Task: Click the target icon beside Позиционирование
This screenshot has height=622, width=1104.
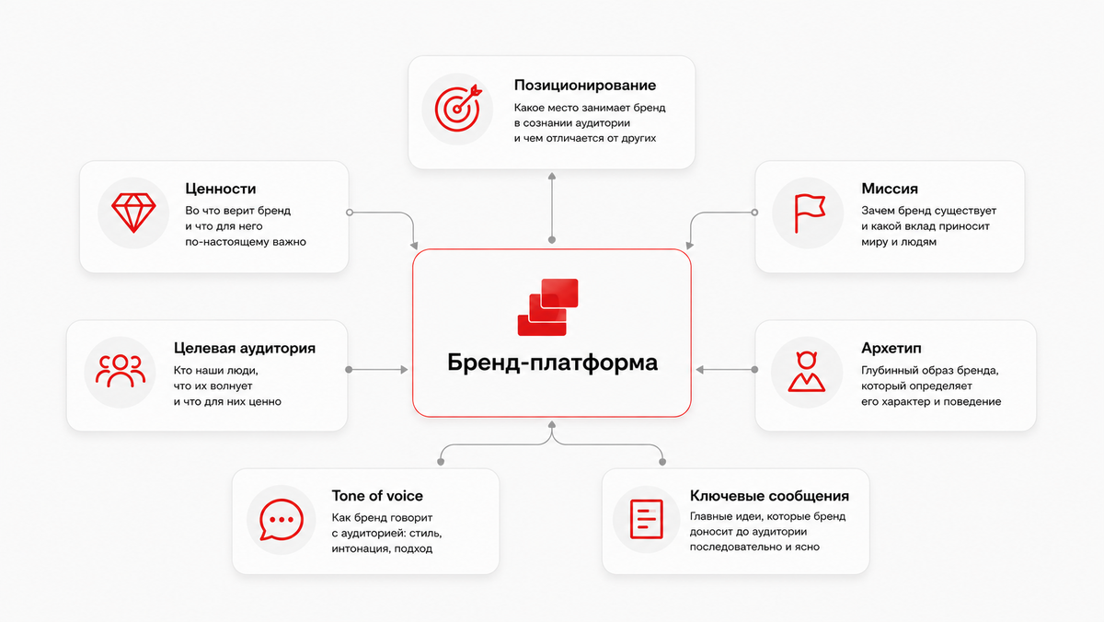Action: pos(457,109)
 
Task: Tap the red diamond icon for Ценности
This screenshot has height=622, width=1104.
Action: pos(133,213)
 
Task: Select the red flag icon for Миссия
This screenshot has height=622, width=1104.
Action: pos(810,213)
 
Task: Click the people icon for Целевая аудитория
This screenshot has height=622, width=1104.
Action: pos(121,371)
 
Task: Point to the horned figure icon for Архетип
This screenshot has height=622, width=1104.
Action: pos(806,372)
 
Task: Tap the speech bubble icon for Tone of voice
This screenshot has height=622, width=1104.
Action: pos(282,520)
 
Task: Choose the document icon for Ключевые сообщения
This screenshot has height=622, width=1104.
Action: pos(646,519)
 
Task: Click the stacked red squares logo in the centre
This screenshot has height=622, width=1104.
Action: pos(548,307)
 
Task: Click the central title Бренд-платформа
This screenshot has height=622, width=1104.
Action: pos(552,363)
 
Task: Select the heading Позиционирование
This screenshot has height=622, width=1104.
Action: pos(585,86)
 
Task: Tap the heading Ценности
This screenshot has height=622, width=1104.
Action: pos(220,189)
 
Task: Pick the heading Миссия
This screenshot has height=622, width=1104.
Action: pos(890,189)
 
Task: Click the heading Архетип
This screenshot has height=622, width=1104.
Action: pos(891,348)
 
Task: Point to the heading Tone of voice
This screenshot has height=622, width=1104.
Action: pos(377,495)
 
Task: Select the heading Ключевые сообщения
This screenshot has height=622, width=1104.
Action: pos(769,495)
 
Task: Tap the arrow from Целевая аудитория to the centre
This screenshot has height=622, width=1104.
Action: pos(377,370)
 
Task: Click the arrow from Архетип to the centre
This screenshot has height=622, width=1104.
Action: pos(727,370)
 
